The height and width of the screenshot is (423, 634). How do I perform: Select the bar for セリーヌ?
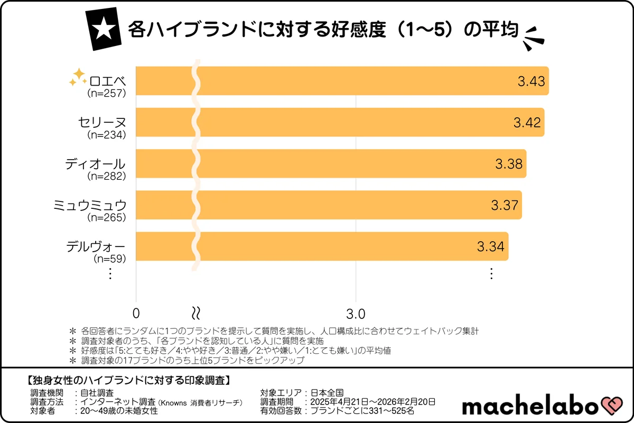[340, 122]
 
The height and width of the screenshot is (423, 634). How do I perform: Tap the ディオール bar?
[331, 163]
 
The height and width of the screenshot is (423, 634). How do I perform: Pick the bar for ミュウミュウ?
[329, 205]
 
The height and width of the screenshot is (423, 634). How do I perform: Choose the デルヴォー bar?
[322, 246]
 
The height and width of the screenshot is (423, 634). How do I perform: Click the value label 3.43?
[531, 81]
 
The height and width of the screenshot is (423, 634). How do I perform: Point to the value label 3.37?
[505, 205]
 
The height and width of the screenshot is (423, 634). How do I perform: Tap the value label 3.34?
[491, 246]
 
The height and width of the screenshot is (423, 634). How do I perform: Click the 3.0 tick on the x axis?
[356, 313]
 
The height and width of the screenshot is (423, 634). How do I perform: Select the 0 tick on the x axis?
[137, 313]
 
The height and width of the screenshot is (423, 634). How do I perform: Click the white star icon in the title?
[103, 30]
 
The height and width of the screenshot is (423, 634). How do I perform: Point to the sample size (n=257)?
[106, 94]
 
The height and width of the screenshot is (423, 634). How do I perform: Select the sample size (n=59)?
[109, 259]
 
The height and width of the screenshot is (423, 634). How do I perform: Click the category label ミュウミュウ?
[89, 205]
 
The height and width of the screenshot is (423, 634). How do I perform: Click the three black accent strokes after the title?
[534, 39]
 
